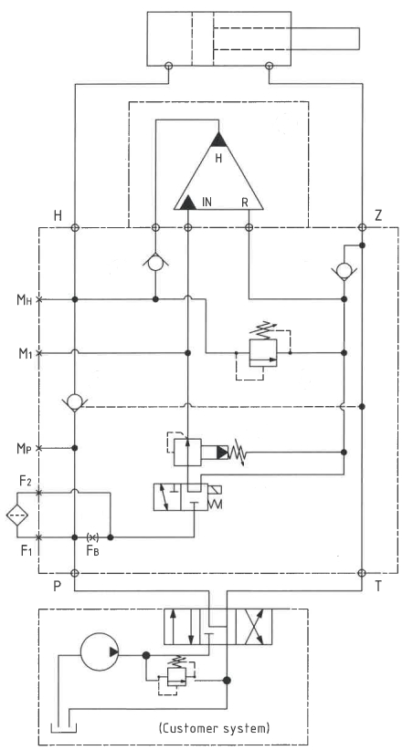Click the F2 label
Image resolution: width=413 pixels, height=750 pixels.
(26, 481)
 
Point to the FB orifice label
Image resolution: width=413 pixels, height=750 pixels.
(92, 550)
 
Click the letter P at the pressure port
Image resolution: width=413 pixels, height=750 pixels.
(57, 587)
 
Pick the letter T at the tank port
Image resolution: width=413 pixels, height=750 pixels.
(378, 587)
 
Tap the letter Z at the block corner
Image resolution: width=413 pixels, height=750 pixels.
(378, 215)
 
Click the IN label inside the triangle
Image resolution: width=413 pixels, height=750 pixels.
(207, 203)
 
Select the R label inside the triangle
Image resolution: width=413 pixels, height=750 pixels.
(245, 203)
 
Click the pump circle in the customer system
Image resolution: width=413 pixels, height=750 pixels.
(100, 651)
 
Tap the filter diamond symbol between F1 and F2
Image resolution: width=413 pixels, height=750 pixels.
(17, 515)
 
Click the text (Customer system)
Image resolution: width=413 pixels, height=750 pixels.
(214, 728)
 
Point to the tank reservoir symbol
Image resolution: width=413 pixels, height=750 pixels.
(64, 728)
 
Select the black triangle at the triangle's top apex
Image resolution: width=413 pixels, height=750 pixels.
(218, 140)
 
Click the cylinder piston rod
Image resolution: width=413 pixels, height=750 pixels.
(286, 38)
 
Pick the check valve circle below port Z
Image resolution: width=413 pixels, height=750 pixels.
(344, 271)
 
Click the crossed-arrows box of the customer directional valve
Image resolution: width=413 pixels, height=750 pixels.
(253, 627)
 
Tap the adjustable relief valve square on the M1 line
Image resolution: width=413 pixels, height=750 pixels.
(263, 353)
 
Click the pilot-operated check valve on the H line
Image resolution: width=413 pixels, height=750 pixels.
(75, 401)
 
